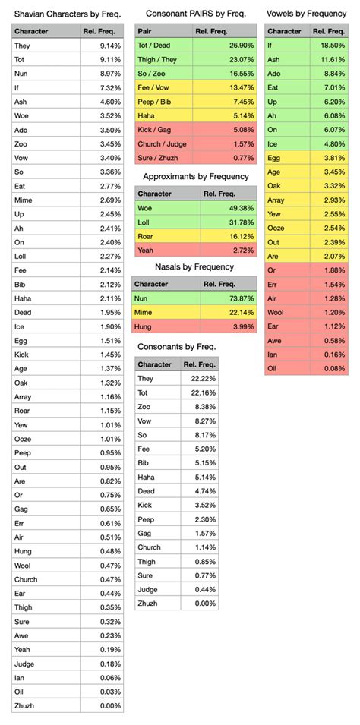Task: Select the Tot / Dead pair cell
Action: tap(153, 46)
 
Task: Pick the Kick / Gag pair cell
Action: tap(153, 129)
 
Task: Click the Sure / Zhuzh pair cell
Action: tap(156, 157)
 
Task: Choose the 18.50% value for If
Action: tap(333, 46)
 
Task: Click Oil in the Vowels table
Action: tap(273, 368)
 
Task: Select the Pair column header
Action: tap(144, 31)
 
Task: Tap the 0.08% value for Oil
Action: tap(334, 368)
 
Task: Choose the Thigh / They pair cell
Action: tap(156, 59)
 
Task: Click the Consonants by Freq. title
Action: tap(177, 346)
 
